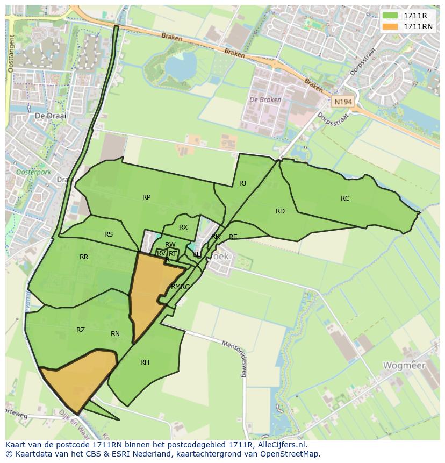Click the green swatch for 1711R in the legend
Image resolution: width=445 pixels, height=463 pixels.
click(x=391, y=16)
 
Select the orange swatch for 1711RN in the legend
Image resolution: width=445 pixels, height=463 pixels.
click(x=391, y=26)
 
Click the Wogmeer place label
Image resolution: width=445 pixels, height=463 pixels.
click(x=404, y=365)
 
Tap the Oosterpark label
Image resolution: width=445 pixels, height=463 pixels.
click(x=33, y=173)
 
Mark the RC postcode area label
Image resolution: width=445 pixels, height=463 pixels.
click(x=345, y=198)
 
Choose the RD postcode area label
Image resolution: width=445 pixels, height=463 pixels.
click(x=280, y=211)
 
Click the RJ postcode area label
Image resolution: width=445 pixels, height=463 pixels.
click(x=243, y=183)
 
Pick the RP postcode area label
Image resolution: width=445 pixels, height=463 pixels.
click(x=146, y=197)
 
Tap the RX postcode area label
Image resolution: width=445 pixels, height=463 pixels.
click(x=183, y=227)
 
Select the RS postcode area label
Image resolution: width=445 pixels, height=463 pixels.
click(x=109, y=234)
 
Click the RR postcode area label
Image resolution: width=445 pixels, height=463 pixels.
click(x=84, y=257)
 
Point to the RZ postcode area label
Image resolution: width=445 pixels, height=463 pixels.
click(x=81, y=330)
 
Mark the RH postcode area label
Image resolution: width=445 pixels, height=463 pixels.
click(x=145, y=362)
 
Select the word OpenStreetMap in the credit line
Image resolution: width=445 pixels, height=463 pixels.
click(x=291, y=454)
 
